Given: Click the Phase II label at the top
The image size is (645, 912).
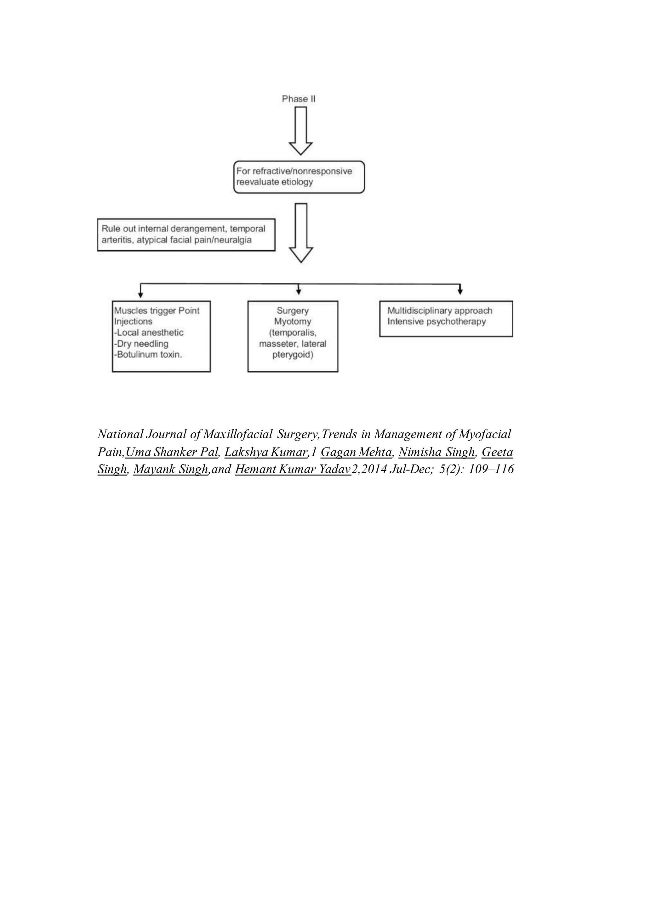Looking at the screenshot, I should [298, 99].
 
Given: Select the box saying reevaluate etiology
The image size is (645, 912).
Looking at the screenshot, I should [299, 177].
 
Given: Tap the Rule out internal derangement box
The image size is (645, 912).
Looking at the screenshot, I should [186, 234].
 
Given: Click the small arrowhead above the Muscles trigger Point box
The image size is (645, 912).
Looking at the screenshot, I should [140, 294].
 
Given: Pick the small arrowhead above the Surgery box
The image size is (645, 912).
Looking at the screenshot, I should [299, 292].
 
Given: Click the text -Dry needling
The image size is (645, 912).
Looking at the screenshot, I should [141, 344].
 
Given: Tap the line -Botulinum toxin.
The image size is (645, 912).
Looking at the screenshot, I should [148, 355].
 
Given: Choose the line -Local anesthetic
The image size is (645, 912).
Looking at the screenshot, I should [149, 333].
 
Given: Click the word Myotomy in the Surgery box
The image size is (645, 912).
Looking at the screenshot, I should [293, 321].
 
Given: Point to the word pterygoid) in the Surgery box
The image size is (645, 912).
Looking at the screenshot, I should [293, 355].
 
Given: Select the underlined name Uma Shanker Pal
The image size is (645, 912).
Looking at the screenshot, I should [172, 452].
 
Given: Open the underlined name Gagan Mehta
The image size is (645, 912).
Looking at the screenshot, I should [356, 452].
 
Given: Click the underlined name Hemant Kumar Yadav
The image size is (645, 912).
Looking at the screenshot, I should [293, 470].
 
